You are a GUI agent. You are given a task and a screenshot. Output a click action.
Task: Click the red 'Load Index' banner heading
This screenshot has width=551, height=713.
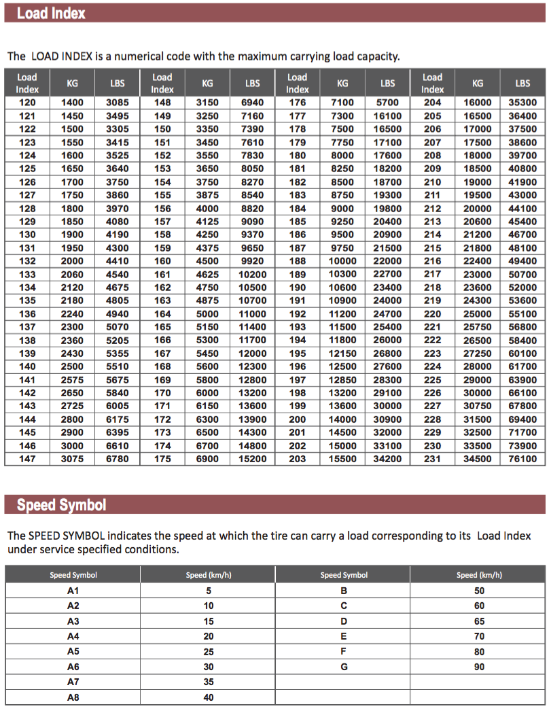[x=51, y=13]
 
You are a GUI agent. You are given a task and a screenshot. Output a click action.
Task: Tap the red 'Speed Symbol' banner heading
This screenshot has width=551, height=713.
[x=61, y=505]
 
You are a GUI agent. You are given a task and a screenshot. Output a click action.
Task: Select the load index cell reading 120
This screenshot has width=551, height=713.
[x=27, y=103]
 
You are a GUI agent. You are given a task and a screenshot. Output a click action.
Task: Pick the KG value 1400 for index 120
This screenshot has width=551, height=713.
[x=72, y=103]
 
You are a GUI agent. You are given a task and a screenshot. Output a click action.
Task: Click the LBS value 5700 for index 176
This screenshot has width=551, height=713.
[x=388, y=103]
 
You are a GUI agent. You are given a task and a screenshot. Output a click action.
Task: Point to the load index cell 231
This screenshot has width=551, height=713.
[x=432, y=459]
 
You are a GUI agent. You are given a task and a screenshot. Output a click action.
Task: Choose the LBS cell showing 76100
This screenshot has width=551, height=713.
[x=522, y=459]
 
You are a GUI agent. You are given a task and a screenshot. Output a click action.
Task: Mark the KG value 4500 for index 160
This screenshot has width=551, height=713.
[x=207, y=261]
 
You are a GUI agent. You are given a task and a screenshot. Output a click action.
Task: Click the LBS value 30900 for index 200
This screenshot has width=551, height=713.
[x=388, y=419]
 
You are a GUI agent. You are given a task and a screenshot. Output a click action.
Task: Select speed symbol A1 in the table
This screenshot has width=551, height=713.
[x=73, y=591]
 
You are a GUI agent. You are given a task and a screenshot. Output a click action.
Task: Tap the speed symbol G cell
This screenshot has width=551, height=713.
[x=344, y=667]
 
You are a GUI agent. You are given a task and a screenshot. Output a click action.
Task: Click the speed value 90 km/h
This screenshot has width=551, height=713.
[x=480, y=667]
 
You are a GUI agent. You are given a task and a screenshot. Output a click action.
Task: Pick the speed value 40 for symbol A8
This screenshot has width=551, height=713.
[x=209, y=697]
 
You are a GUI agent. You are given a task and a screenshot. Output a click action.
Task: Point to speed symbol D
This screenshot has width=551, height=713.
[x=344, y=621]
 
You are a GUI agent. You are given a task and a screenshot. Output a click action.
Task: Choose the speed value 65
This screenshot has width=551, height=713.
[x=480, y=621]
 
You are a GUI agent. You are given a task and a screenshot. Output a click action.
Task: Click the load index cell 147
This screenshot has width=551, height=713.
[x=27, y=459]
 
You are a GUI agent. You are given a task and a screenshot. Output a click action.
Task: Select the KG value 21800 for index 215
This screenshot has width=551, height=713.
[x=478, y=248]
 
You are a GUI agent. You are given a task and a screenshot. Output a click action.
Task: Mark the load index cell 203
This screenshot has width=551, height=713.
[x=298, y=459]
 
